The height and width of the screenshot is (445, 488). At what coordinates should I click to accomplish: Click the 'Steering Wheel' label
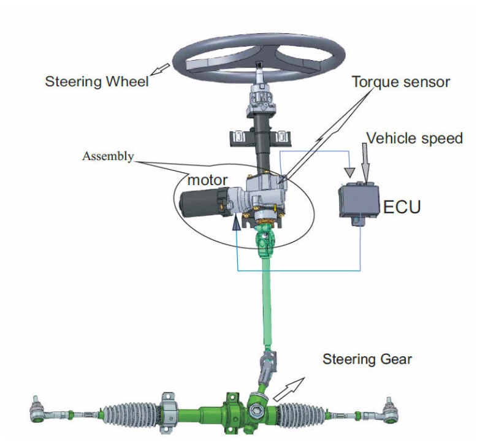97,81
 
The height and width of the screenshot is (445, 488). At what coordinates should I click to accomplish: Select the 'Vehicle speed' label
414,139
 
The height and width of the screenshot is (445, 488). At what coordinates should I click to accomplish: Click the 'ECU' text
402,207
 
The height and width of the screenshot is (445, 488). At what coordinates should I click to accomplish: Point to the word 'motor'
208,180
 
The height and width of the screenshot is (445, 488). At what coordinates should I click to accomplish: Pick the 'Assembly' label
108,156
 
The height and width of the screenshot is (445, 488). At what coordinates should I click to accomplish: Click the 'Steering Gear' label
367,359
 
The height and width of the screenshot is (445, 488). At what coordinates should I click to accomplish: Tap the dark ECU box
359,200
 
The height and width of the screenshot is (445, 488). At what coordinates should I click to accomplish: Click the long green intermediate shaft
267,306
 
